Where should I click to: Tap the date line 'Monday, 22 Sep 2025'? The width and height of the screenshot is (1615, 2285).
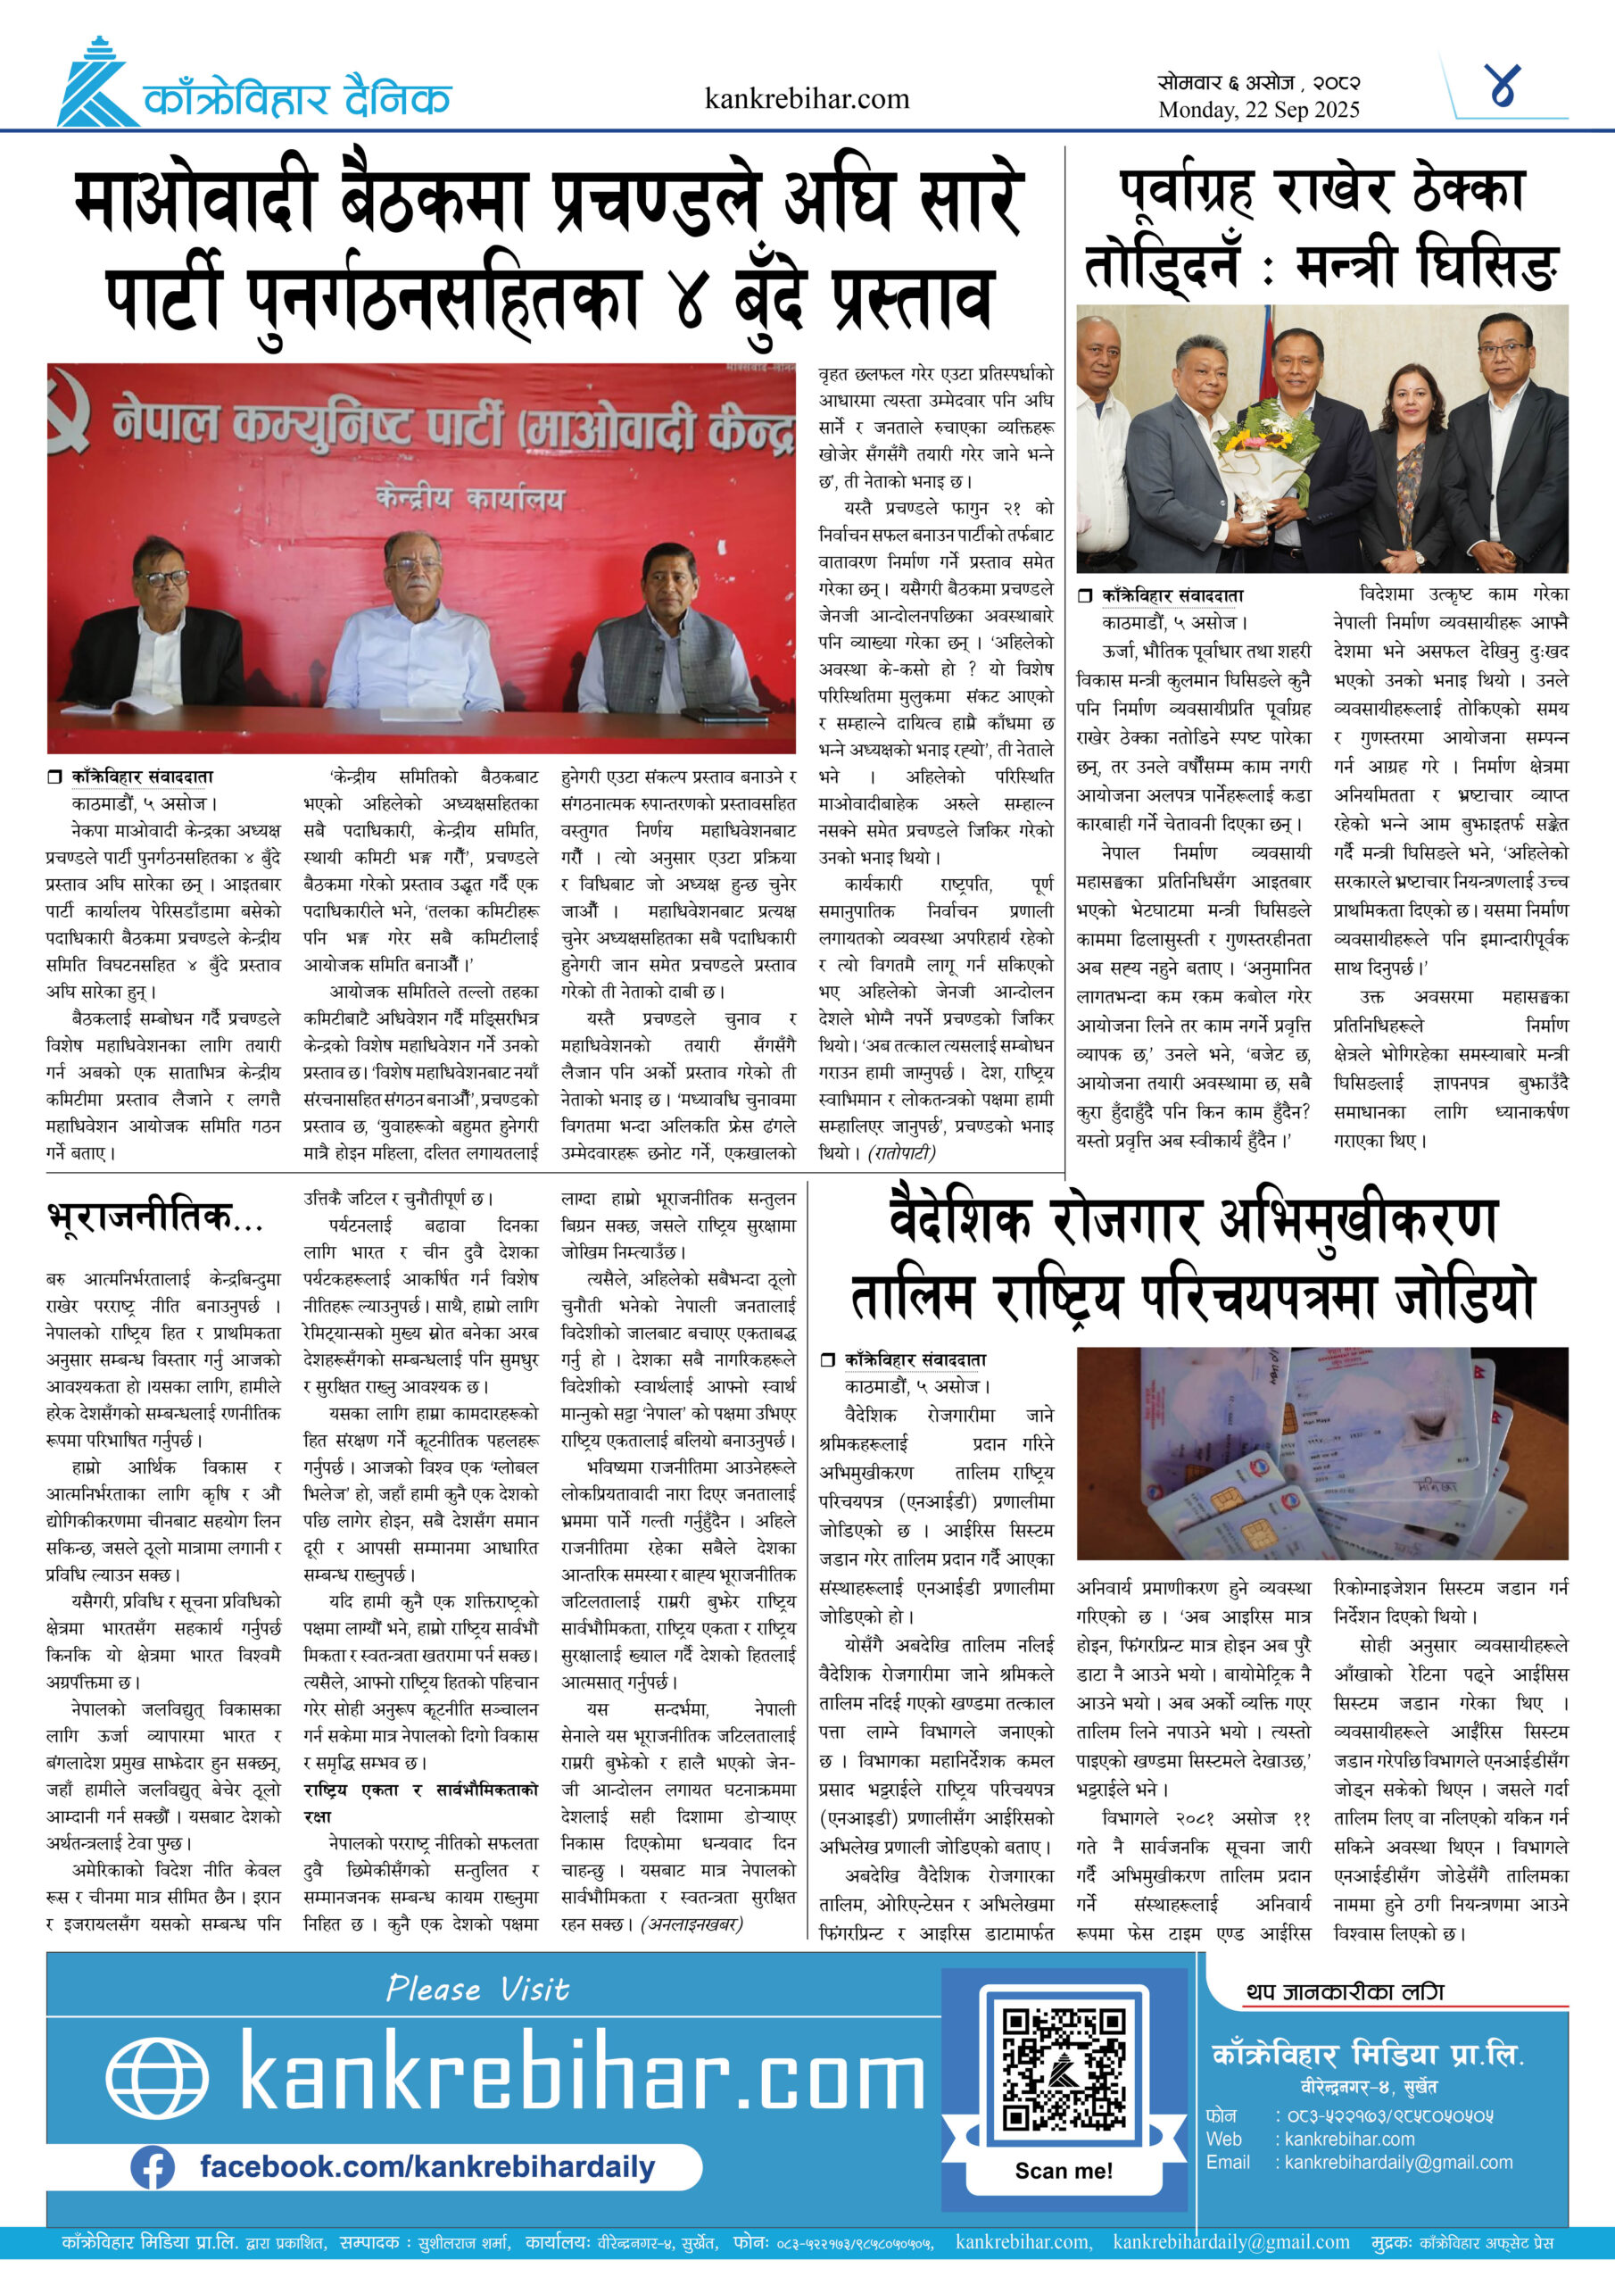(1258, 110)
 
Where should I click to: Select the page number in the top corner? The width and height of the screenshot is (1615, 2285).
(1503, 87)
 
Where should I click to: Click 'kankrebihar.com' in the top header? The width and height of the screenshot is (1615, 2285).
(806, 98)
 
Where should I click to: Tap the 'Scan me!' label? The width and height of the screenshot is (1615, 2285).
(1063, 2171)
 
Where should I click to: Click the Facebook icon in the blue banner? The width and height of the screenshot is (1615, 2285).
(153, 2167)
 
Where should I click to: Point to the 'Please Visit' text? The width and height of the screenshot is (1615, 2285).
(477, 1989)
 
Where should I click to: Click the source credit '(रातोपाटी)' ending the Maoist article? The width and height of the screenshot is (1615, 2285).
(901, 1152)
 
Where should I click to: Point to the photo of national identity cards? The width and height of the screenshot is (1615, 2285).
(1321, 1453)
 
